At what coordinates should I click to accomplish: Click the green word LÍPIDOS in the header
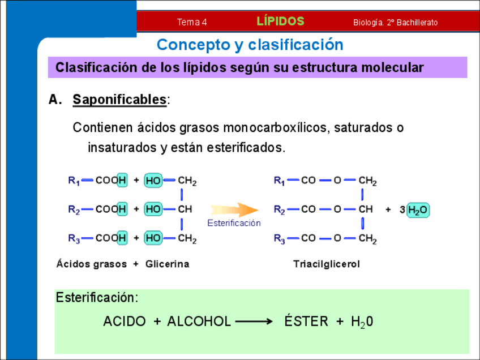coord(280,22)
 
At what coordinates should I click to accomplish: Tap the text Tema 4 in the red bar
coord(192,23)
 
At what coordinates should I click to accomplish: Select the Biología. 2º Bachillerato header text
coord(395,23)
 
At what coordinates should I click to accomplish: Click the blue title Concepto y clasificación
coord(250,45)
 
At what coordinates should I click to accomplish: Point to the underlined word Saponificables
coord(119,100)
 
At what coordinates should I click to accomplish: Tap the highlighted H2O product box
coord(418,210)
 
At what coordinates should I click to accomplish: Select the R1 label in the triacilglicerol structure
coord(279,181)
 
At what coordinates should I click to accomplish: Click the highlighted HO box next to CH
coord(153,209)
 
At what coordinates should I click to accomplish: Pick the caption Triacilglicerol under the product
coord(327,264)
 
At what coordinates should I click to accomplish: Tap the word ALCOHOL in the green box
coord(199,322)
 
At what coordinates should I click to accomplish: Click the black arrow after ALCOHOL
coord(254,322)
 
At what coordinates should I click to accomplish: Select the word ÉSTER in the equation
coord(306,322)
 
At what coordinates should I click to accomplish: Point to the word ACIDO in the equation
coord(124,322)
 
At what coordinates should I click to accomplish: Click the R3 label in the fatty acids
coord(74,238)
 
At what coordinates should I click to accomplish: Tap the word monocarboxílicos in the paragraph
coord(274,128)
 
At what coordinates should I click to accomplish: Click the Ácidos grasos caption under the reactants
coord(91,264)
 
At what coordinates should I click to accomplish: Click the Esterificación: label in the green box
coord(97,298)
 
